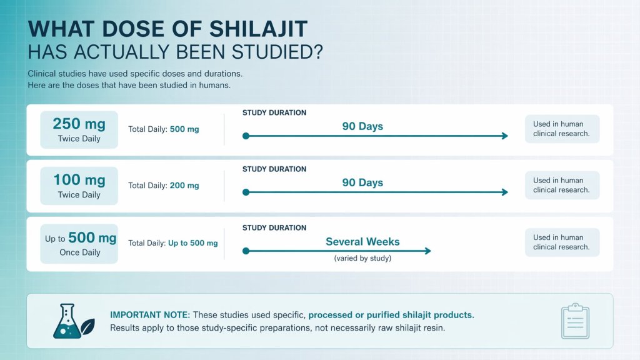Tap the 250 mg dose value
(x=79, y=123)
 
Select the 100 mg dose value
(x=79, y=180)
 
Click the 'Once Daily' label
(x=79, y=252)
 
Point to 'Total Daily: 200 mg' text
(x=164, y=186)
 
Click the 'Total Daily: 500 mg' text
(x=164, y=129)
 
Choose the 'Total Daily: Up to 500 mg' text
(x=173, y=243)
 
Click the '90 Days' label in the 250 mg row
(x=362, y=126)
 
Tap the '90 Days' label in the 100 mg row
(x=362, y=182)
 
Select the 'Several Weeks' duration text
(x=362, y=242)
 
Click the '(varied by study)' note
(x=362, y=258)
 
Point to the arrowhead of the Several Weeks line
(x=428, y=251)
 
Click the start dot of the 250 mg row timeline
(x=246, y=136)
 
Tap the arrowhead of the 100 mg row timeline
(x=505, y=192)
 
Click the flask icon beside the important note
(x=67, y=321)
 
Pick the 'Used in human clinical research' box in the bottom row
(x=561, y=242)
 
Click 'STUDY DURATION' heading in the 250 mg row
(x=274, y=112)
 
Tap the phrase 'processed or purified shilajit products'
(x=391, y=315)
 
